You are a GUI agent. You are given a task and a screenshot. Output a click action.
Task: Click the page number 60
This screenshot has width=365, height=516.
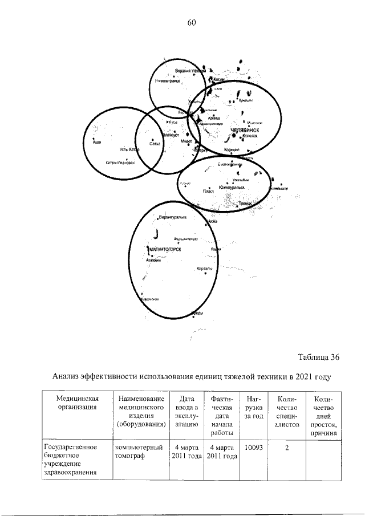coord(191,23)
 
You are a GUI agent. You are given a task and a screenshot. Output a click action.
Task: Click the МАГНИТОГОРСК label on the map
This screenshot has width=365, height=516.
coord(165,249)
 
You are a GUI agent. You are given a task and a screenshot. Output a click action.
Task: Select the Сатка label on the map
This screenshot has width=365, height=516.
coord(153,144)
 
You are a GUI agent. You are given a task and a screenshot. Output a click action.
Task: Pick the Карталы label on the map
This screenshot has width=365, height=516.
coord(204,267)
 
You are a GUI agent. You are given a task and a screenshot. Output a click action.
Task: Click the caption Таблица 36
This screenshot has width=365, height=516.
coord(319,357)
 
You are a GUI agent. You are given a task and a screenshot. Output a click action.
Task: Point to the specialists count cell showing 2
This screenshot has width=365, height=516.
coord(287,448)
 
